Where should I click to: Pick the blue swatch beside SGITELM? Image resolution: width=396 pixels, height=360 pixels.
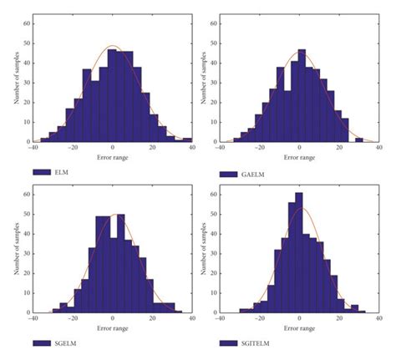click(230, 343)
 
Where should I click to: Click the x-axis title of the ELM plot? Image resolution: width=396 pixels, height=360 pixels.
click(113, 156)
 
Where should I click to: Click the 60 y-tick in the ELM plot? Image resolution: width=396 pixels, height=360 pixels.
click(26, 23)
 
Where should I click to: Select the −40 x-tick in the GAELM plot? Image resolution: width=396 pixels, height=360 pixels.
click(221, 149)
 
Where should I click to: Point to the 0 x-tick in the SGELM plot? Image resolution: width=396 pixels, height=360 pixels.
click(113, 318)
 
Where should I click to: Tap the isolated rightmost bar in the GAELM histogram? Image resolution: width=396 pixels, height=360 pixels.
click(359, 140)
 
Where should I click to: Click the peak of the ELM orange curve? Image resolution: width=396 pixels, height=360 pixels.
click(114, 47)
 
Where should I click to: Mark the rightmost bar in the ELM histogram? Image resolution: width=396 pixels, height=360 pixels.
click(187, 140)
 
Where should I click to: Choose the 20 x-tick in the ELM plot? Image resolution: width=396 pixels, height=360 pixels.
click(152, 149)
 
